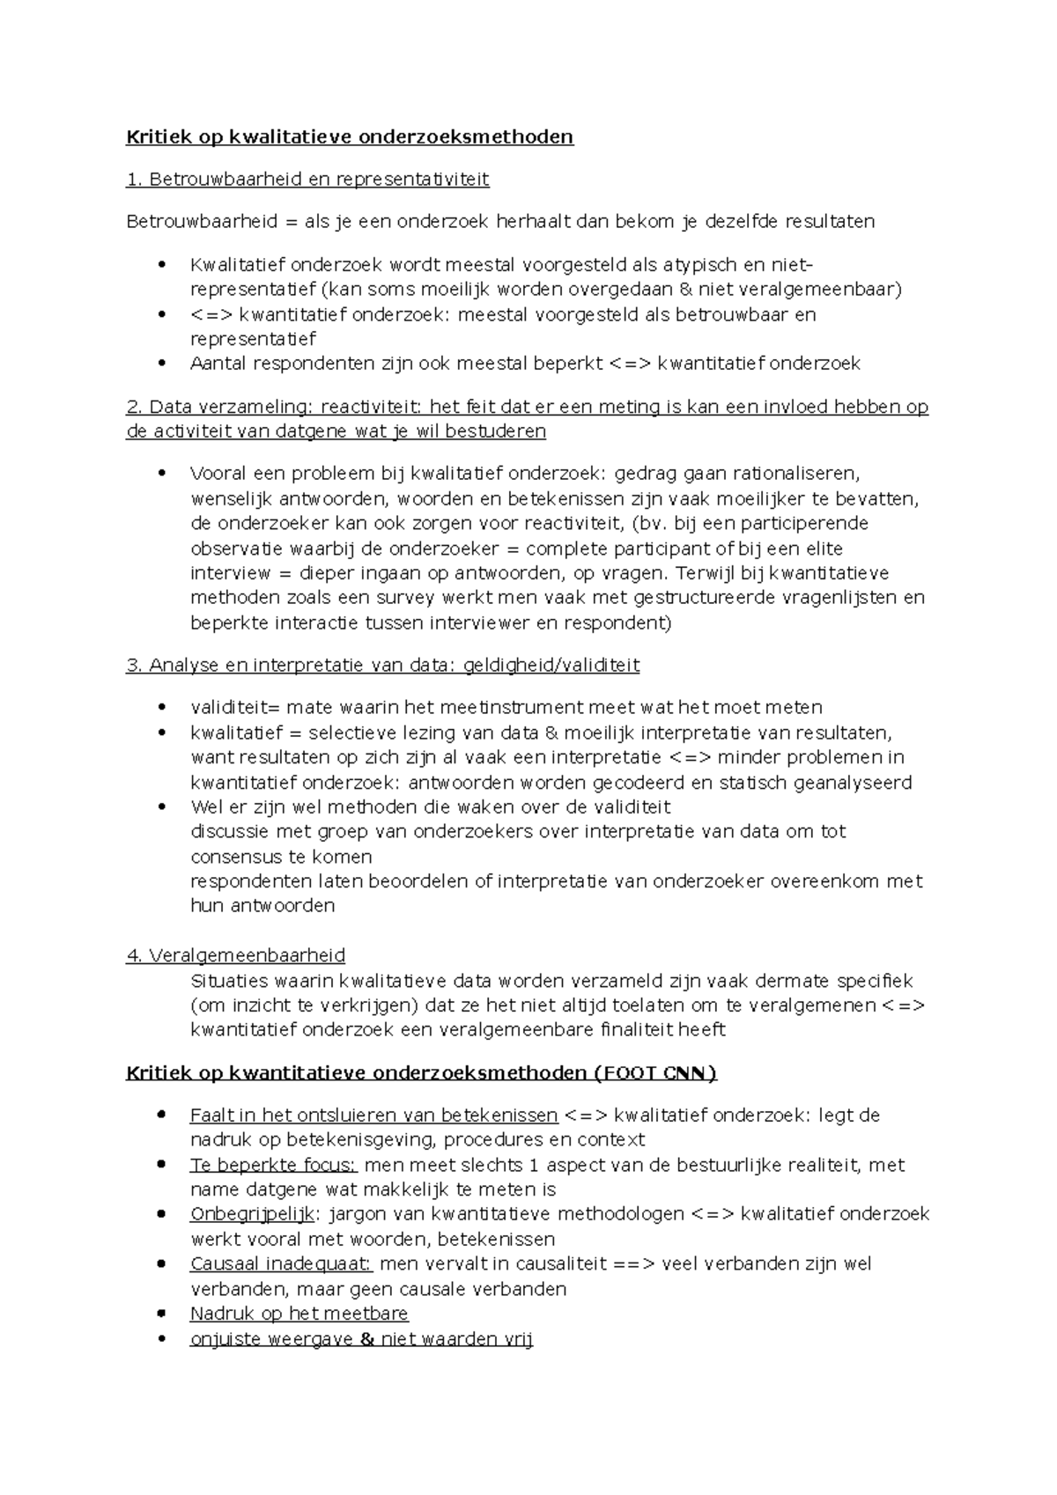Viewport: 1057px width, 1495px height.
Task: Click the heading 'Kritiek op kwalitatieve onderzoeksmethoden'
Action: (350, 136)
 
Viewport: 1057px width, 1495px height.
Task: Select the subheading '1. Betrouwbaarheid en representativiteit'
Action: (307, 180)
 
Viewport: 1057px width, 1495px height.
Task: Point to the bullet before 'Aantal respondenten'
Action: (160, 363)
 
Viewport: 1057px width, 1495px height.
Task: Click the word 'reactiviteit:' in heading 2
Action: (372, 407)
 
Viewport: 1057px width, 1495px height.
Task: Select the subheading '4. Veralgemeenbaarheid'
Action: (236, 955)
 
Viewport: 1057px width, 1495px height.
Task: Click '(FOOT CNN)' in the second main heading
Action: (656, 1073)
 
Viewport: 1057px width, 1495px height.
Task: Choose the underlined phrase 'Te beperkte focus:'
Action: (273, 1166)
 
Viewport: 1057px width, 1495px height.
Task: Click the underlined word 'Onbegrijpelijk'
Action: (252, 1214)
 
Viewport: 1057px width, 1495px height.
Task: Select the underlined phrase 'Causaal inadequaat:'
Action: (281, 1264)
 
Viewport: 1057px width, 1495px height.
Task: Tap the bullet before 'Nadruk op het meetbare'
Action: (160, 1313)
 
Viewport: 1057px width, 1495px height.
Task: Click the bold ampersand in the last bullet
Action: (368, 1339)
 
